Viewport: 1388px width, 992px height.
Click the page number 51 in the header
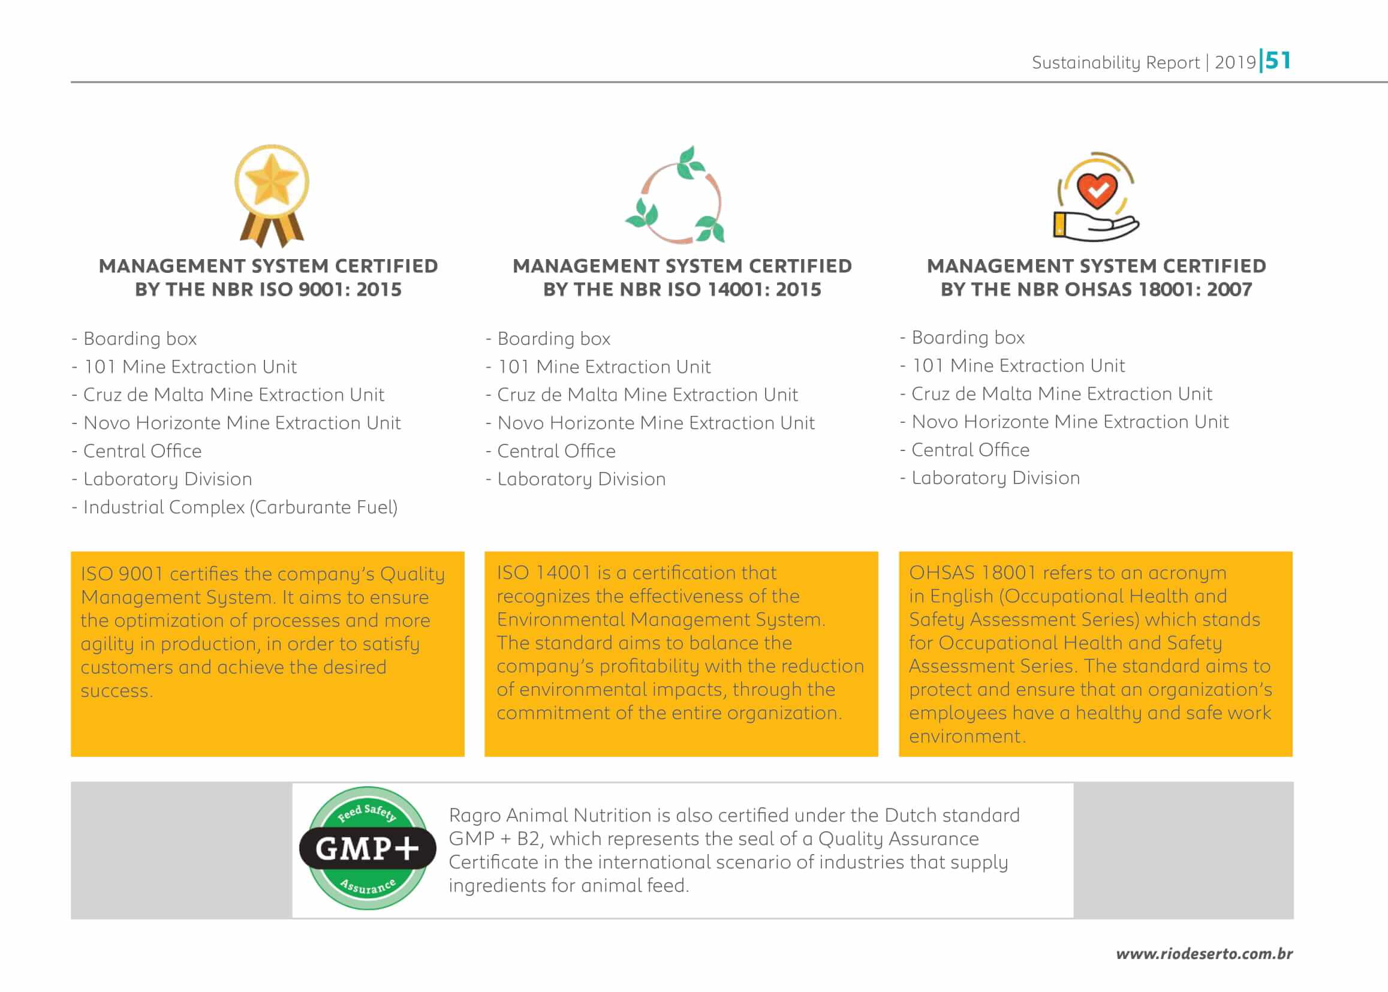1278,61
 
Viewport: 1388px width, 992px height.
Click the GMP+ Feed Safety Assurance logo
368,848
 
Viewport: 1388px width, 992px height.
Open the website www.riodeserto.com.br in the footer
1203,954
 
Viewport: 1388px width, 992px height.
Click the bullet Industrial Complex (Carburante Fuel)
240,507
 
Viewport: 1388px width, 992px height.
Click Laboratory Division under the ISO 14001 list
582,479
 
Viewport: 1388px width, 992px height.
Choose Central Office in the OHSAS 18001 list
970,450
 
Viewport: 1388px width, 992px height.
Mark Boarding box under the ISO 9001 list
140,339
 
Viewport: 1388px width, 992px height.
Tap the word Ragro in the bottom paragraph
474,816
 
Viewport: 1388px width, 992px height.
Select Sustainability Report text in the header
1115,63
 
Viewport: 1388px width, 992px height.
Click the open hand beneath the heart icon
1096,227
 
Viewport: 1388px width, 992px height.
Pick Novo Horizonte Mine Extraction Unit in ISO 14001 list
656,423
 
